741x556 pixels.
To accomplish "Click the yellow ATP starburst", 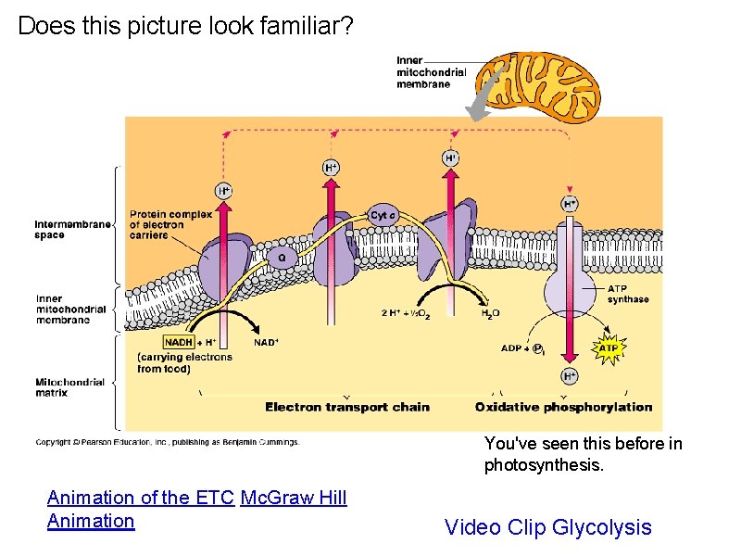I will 608,348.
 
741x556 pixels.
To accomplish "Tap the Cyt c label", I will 383,216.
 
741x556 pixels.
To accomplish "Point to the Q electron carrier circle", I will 282,257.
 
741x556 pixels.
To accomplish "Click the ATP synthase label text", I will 628,294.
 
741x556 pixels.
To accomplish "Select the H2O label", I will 490,313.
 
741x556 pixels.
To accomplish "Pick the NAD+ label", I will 266,342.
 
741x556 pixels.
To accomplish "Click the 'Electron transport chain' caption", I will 347,407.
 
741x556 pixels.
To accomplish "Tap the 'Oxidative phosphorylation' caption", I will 563,407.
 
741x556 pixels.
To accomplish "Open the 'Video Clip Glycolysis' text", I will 548,527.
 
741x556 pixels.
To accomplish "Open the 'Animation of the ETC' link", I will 141,498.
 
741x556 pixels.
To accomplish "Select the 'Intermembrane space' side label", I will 71,229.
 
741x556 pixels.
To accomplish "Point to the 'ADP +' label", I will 514,348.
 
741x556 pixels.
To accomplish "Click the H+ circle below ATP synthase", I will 570,375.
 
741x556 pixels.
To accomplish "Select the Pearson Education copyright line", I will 168,442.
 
